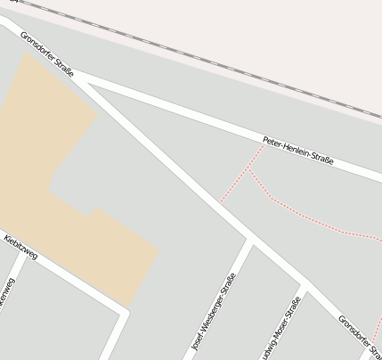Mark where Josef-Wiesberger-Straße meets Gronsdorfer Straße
click(250, 241)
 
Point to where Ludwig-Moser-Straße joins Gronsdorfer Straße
click(305, 288)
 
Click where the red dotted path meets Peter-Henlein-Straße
click(264, 144)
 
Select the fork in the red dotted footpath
click(248, 168)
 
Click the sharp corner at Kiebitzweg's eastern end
click(124, 313)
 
